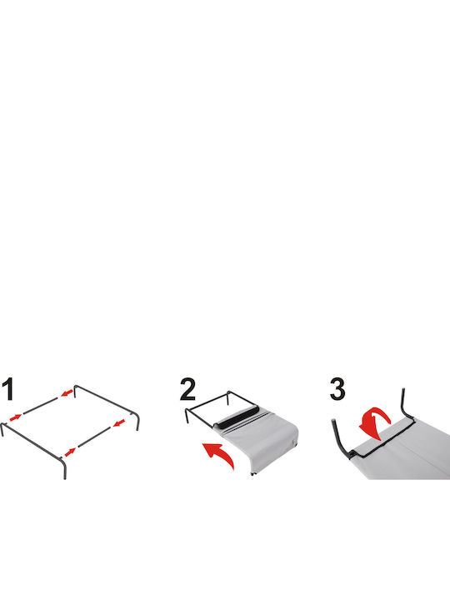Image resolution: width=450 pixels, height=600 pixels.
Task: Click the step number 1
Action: pos(7,389)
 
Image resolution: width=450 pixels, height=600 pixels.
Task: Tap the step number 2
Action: pos(187,389)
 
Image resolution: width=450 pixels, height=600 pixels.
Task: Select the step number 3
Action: pos(337,389)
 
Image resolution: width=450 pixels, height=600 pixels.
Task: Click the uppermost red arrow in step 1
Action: pos(67,393)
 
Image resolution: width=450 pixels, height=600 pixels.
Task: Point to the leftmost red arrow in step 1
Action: pos(15,417)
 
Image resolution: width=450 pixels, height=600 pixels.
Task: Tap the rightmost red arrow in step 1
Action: pos(119,422)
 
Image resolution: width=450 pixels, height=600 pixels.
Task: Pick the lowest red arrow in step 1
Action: pos(70,452)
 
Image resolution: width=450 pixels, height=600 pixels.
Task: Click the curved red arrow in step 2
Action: pos(219,454)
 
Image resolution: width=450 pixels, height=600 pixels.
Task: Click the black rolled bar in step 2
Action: pos(237,417)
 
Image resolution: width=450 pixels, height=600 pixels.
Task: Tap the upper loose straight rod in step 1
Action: pos(41,406)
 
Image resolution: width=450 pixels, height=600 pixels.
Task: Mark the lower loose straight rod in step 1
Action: pos(94,437)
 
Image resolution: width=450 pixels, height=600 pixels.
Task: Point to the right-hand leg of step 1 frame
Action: pos(137,422)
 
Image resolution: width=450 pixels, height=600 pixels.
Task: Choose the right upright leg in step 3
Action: pos(407,403)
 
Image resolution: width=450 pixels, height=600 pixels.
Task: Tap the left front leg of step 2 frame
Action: pos(187,416)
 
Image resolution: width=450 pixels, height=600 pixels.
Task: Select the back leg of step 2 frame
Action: pos(228,397)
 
